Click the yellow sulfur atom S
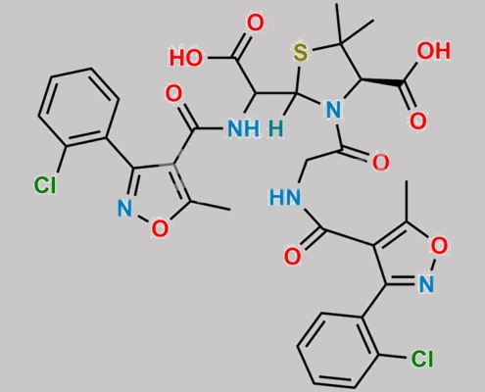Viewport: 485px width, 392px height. pos(301,53)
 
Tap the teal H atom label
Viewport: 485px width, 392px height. pos(276,128)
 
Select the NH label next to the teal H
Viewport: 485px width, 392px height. pos(244,128)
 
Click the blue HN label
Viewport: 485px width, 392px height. pos(285,198)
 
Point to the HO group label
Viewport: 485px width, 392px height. pos(186,59)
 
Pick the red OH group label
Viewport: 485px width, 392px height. pos(434,51)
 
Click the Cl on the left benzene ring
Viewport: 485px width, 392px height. pos(45,185)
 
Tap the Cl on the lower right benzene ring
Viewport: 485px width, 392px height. pos(422,359)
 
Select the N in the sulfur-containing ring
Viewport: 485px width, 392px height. pos(333,110)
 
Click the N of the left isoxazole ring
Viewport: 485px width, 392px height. pos(124,208)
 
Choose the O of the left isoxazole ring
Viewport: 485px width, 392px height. pos(160,228)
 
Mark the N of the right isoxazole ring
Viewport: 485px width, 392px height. pos(426,283)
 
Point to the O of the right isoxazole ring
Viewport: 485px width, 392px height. pos(439,246)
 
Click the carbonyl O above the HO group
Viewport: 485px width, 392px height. pos(255,24)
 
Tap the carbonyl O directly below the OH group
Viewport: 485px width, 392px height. pos(418,121)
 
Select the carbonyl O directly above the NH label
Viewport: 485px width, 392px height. pos(173,94)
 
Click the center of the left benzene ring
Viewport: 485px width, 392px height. pos(77,107)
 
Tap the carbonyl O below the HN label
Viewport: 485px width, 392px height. pos(292,256)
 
